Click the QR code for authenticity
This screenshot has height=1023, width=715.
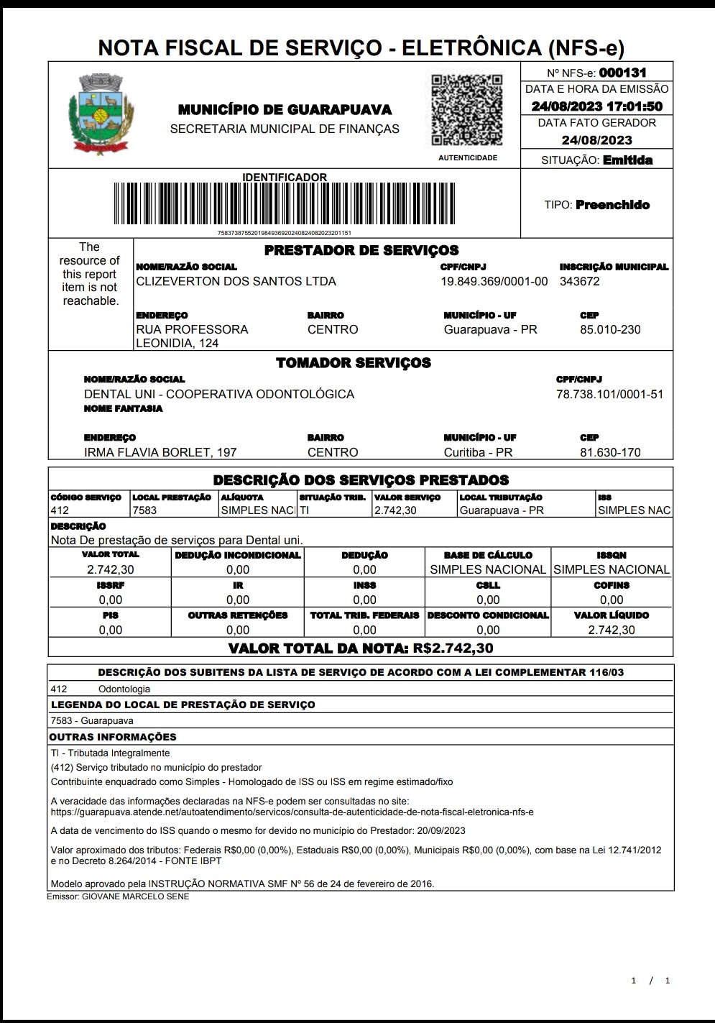pos(466,109)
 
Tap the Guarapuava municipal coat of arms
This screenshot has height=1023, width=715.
pos(101,114)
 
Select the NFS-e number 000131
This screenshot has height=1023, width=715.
pos(622,73)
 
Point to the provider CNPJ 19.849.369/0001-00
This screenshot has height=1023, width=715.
pos(494,281)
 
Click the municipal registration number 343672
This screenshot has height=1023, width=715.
pos(579,281)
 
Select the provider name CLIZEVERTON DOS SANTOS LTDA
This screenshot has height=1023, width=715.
pos(236,281)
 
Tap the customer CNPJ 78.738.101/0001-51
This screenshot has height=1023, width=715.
pos(609,394)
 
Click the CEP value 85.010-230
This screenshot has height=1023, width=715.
pos(610,329)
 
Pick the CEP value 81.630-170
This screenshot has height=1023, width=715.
pos(610,452)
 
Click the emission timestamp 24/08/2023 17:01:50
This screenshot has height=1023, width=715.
pos(596,106)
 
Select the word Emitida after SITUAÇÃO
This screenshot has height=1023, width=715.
pos(627,160)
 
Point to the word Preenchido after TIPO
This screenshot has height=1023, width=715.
pos(612,205)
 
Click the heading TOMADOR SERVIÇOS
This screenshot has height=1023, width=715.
pos(354,363)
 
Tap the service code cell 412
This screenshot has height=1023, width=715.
pos(60,510)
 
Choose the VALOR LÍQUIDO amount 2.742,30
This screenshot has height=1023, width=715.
pos(611,630)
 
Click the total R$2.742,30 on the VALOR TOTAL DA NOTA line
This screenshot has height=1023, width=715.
pos(453,648)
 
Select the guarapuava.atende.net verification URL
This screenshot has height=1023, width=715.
pos(292,812)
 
